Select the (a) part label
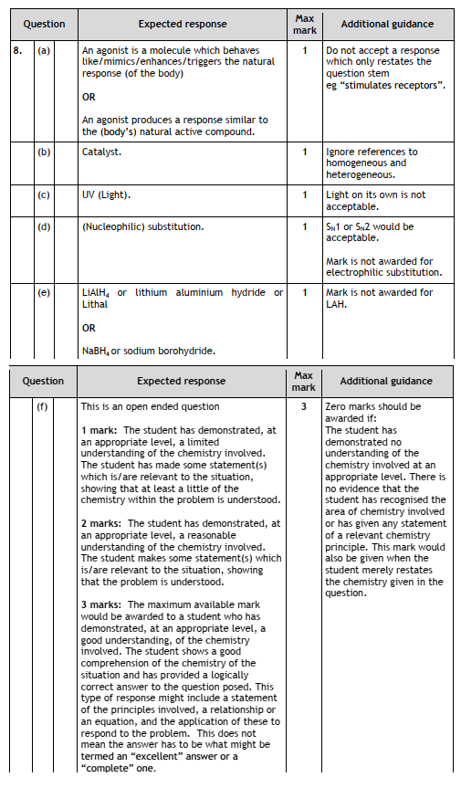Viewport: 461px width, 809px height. click(44, 51)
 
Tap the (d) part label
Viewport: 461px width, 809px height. click(44, 226)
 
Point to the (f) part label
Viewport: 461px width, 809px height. click(42, 406)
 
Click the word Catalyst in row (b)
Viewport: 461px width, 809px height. click(101, 152)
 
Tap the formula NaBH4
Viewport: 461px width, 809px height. click(95, 351)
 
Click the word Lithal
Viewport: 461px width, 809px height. click(95, 304)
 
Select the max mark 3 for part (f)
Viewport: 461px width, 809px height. click(304, 406)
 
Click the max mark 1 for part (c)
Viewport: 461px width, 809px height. click(305, 194)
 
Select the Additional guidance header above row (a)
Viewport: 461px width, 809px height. click(387, 24)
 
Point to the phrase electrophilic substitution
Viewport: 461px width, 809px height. click(383, 272)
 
